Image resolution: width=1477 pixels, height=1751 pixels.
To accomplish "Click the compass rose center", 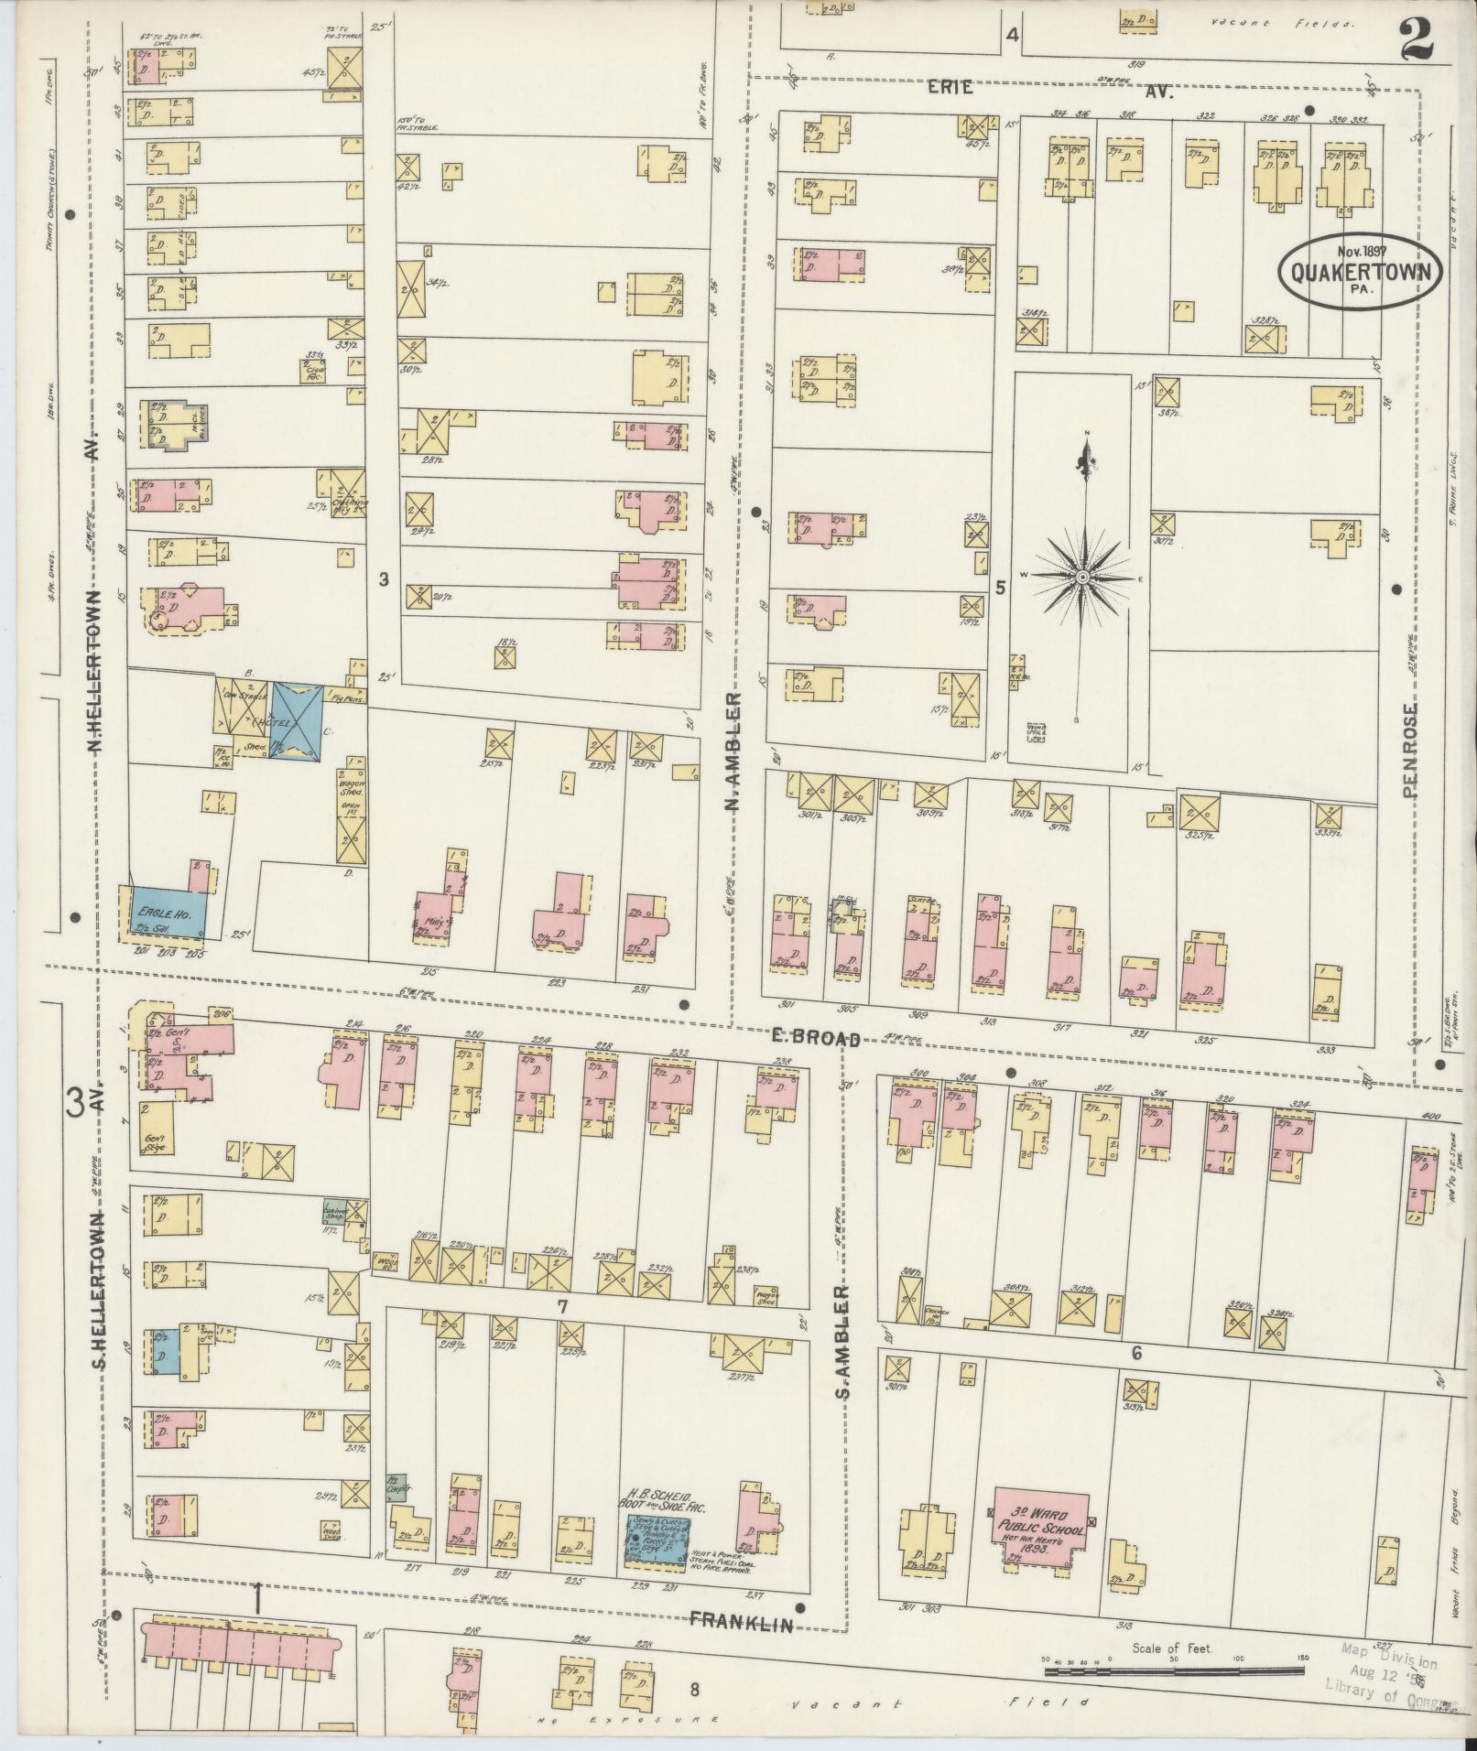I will coord(1082,578).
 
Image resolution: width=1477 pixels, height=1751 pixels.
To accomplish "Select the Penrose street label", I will coord(1409,750).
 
